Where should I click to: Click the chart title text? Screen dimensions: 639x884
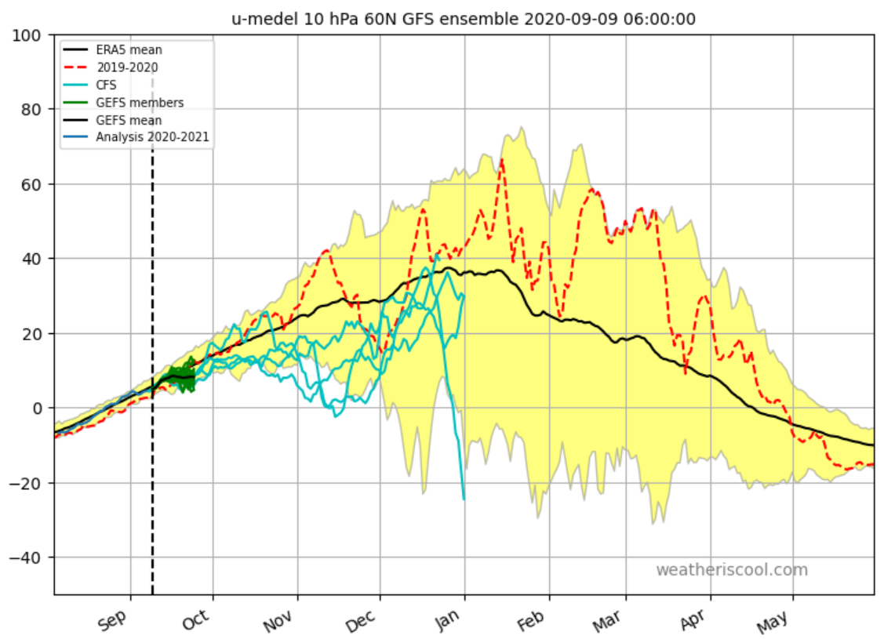464,19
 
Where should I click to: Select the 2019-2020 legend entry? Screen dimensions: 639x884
126,67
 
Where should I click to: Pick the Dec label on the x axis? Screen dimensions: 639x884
360,621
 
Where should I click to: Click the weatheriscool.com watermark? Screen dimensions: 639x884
731,570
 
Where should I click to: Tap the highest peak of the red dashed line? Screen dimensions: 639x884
501,160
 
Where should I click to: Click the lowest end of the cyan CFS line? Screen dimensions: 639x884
464,499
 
